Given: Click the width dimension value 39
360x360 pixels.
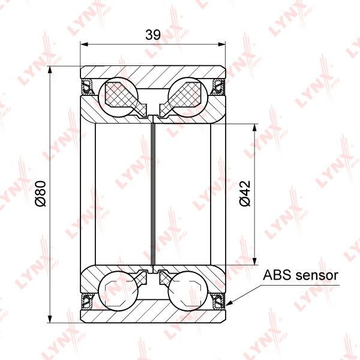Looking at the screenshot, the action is pos(153,35).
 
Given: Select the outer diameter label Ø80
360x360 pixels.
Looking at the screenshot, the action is pos(41,194).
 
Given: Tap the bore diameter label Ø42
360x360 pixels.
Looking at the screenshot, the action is pos(245,194).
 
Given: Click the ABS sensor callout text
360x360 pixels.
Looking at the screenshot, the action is pos(301,275).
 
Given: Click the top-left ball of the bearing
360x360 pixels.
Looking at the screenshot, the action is pos(118,97).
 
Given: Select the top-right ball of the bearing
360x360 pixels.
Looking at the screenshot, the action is pos(188,97).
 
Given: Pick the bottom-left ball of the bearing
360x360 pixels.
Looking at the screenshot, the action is pos(118,291).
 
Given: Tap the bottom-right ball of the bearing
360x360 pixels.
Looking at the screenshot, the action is pos(188,291).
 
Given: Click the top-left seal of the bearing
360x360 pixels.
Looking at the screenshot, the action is pos(87,86).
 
